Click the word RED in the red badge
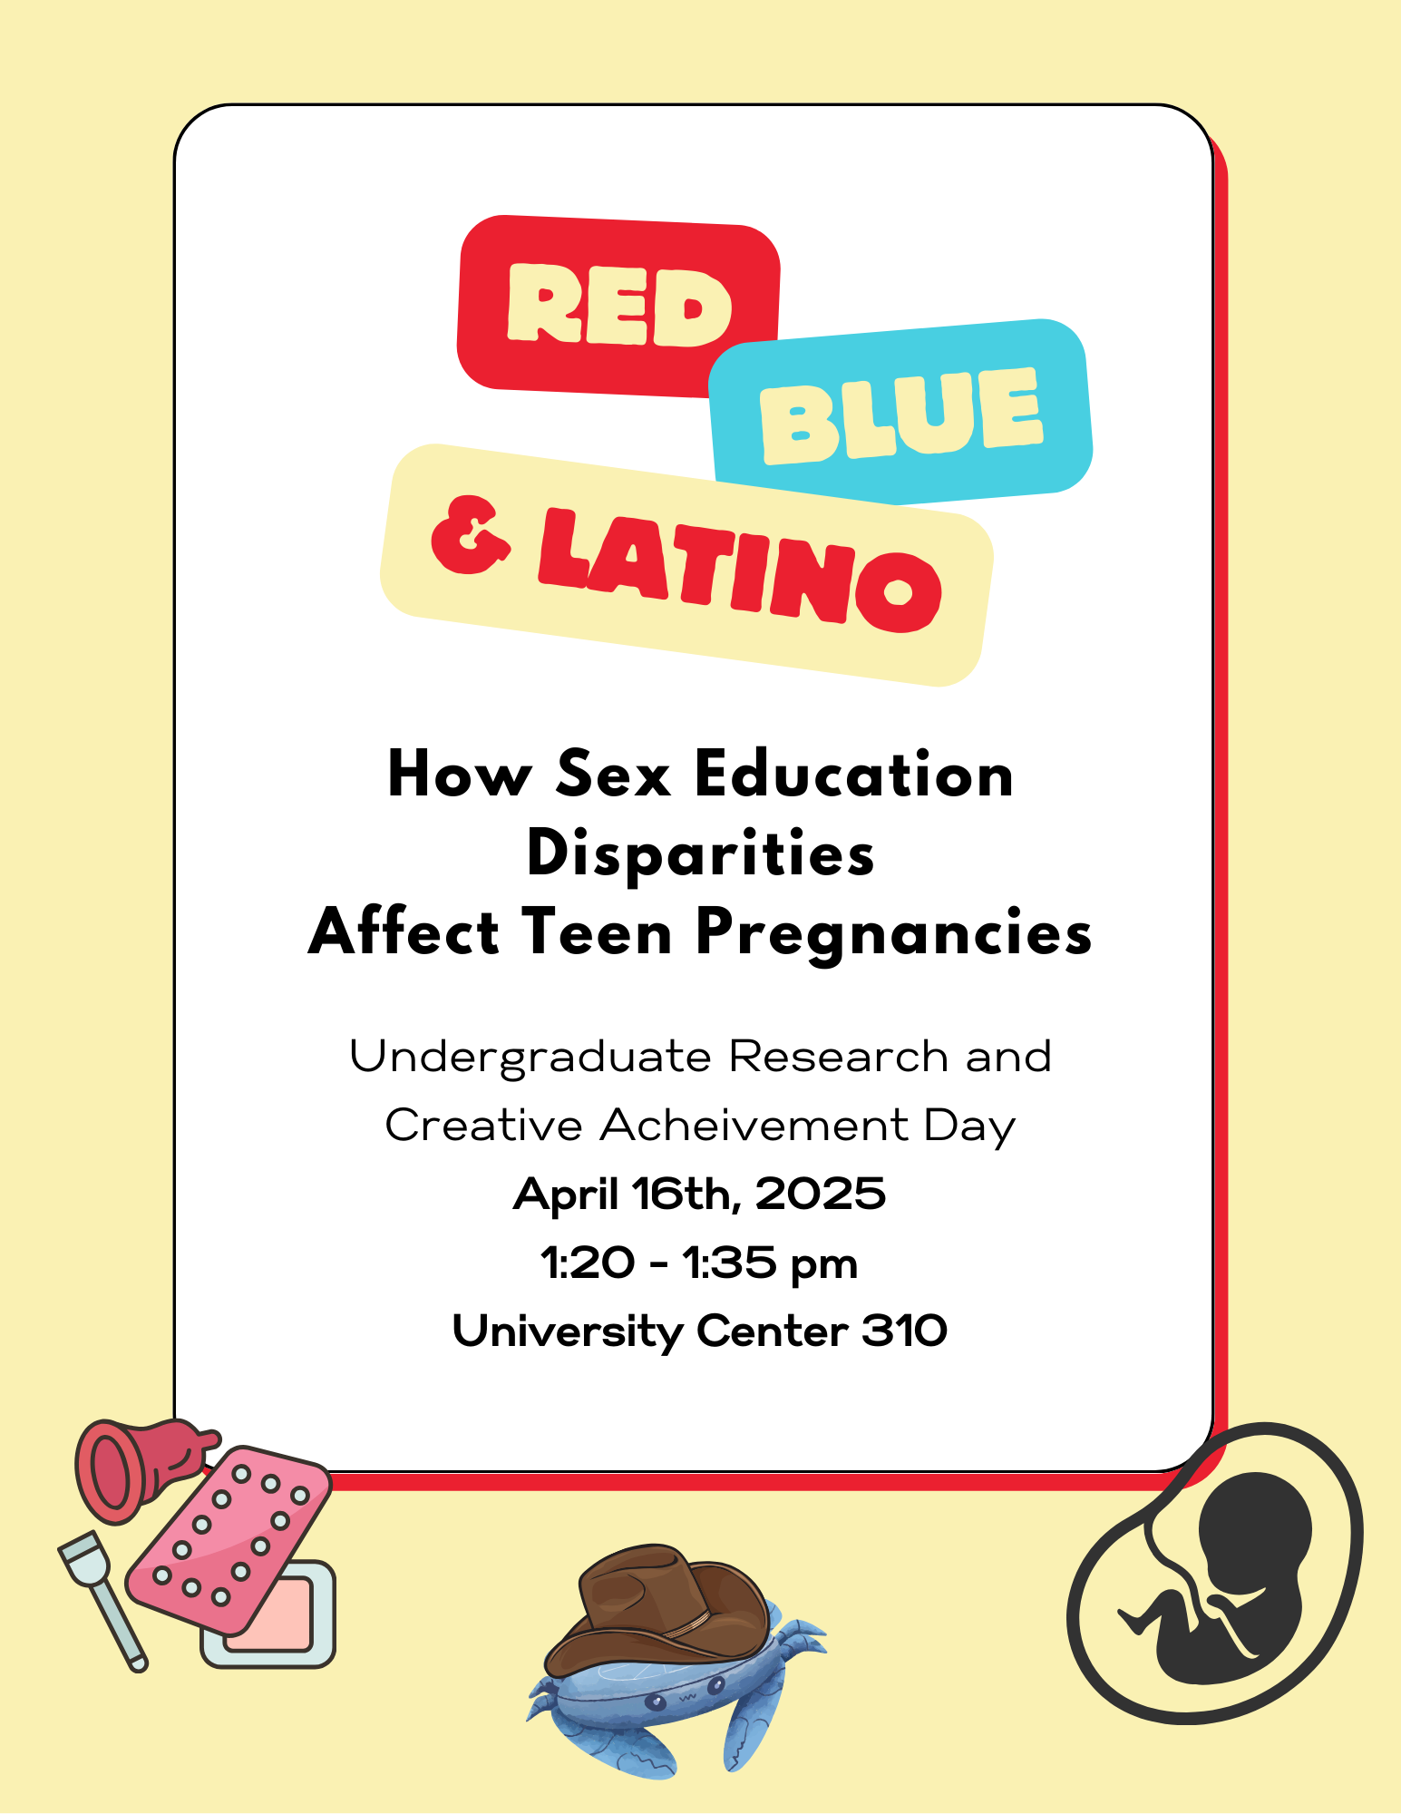click(619, 305)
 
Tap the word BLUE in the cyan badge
click(901, 414)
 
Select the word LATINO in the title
click(740, 570)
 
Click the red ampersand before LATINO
click(470, 535)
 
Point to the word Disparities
click(700, 853)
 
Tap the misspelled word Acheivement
click(754, 1125)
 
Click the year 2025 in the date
click(820, 1194)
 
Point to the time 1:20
click(587, 1263)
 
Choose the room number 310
click(904, 1331)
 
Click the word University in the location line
click(568, 1331)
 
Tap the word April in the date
click(566, 1195)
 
